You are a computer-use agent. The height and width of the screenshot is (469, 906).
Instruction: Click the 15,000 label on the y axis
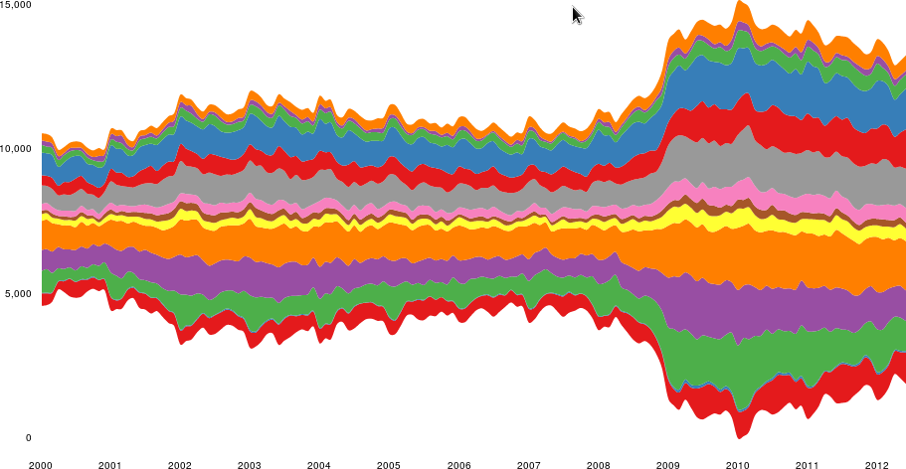17,5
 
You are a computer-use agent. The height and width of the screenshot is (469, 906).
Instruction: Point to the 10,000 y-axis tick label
17,149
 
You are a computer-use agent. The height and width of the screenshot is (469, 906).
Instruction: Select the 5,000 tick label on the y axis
15,293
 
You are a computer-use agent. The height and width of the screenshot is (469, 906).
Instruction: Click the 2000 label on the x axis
41,464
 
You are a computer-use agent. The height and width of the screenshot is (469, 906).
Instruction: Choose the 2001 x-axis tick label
110,464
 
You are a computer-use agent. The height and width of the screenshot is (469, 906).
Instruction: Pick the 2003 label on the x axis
250,464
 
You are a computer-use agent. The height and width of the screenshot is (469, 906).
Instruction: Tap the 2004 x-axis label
319,464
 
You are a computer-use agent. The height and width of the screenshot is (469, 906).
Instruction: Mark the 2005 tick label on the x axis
389,464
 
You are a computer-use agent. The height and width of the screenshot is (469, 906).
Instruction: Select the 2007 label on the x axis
528,464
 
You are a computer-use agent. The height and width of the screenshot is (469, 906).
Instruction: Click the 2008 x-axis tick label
599,464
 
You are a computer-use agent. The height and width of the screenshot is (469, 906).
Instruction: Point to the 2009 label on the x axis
668,464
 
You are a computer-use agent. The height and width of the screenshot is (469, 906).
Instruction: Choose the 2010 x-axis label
738,464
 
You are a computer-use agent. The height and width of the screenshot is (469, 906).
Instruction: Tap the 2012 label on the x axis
877,464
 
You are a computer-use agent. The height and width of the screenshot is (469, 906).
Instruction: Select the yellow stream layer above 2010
738,217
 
